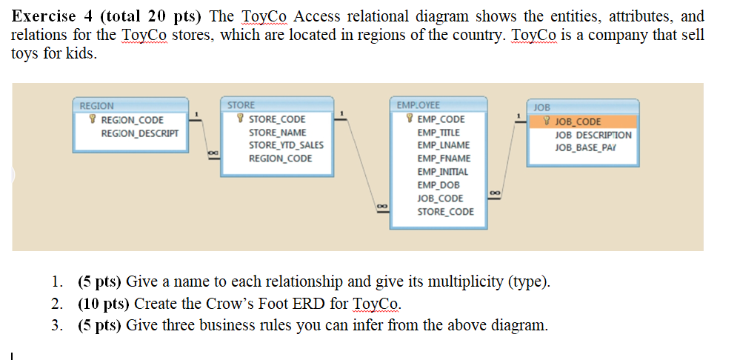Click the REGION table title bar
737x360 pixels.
tap(129, 106)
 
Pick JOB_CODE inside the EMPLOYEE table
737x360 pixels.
tap(440, 199)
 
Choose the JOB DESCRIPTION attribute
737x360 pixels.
tap(593, 136)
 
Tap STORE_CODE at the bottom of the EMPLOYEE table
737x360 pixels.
tap(445, 212)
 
